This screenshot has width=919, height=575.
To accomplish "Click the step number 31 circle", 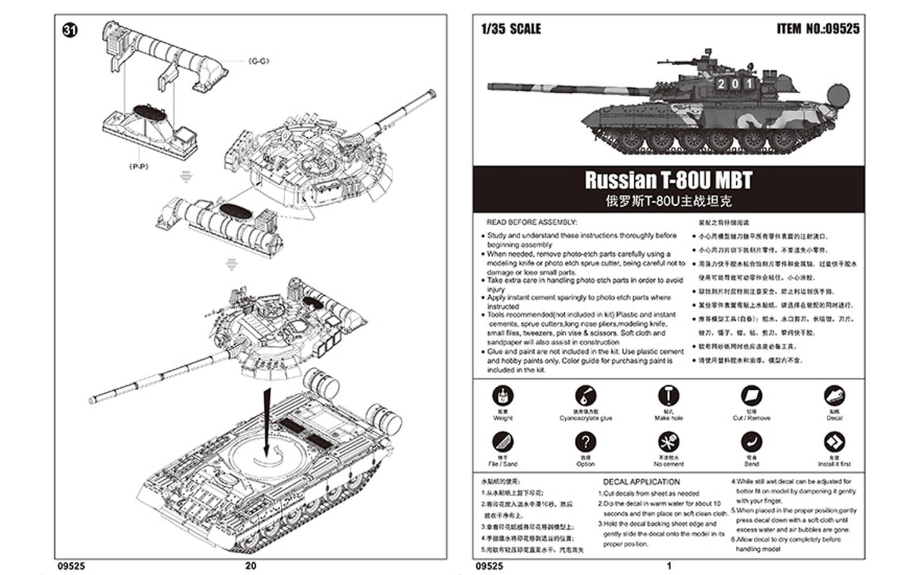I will point(70,30).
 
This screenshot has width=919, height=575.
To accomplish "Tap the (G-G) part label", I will point(258,61).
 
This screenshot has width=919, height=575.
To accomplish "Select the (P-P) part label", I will point(138,166).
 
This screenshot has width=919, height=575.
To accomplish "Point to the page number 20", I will point(251,565).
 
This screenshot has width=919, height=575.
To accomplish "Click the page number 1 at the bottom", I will point(669,565).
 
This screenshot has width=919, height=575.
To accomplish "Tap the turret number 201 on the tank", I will point(734,84).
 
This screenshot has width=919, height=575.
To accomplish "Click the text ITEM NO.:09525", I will point(818,29).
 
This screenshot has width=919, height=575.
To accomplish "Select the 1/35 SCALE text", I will point(511,29).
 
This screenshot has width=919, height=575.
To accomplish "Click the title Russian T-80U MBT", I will point(668,180).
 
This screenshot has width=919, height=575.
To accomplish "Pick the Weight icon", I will point(503,395).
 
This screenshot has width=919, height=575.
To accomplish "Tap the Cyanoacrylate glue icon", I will point(585,395).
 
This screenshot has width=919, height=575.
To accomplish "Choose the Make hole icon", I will point(668,395).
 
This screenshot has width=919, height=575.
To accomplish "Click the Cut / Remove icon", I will point(751,395).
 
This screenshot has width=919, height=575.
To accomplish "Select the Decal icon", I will point(834,395).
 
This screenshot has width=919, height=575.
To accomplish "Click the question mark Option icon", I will point(585,442).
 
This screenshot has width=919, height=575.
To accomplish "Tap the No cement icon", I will point(668,442).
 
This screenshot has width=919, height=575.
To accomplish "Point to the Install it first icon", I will point(834,442).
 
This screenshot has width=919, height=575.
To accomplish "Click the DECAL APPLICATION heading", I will point(641,482).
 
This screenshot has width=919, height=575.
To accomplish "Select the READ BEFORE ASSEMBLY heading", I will point(532,222).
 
